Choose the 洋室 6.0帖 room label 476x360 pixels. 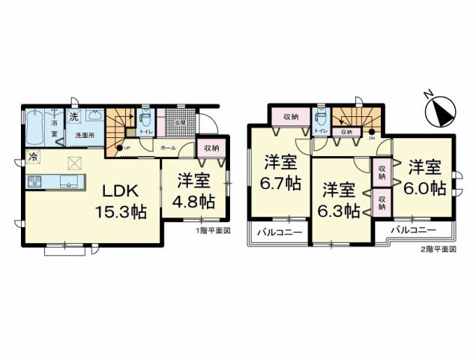(x=424, y=176)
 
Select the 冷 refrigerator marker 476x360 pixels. (x=34, y=157)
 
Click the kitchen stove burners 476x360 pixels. (x=36, y=181)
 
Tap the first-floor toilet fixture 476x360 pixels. (x=145, y=120)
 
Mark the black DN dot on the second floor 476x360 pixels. (x=371, y=132)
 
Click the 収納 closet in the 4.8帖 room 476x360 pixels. (x=211, y=148)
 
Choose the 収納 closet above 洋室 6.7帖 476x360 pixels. (x=292, y=117)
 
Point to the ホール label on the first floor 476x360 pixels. (x=169, y=148)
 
